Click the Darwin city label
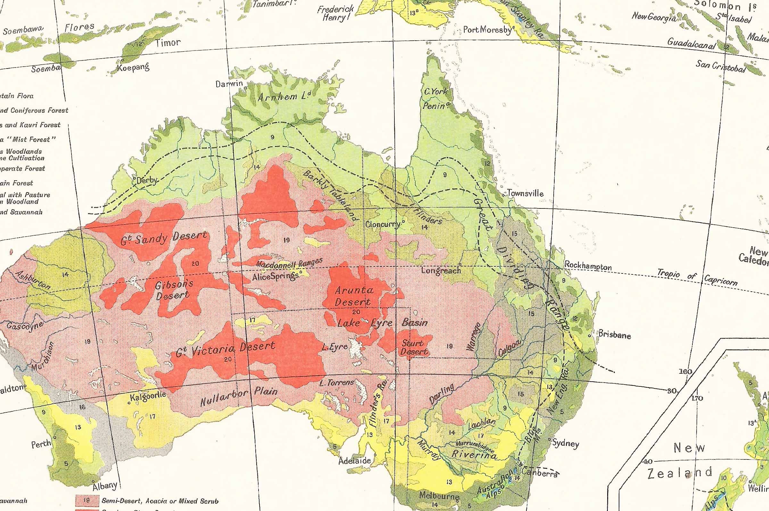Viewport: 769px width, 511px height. coord(229,84)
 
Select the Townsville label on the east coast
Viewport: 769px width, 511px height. coord(525,193)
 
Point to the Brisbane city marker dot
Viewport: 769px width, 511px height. coord(589,335)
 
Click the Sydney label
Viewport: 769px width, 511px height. coord(566,443)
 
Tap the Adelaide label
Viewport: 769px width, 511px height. coord(354,460)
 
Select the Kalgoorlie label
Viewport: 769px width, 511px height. coord(148,397)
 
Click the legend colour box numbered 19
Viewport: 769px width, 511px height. coord(87,500)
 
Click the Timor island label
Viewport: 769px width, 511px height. coord(168,43)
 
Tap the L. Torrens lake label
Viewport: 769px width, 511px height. coord(337,383)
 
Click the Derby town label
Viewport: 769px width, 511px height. coord(147,180)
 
